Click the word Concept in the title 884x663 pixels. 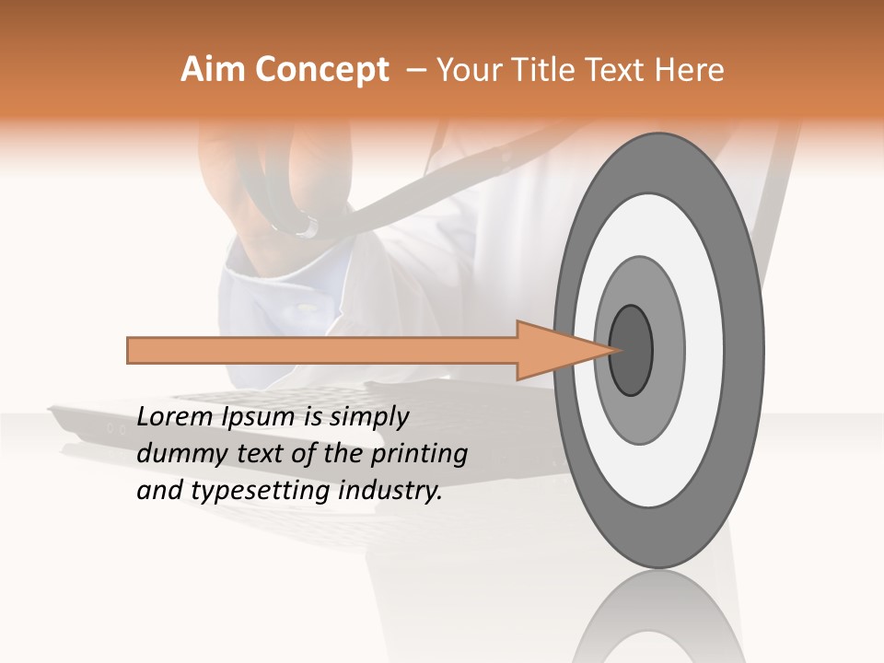322,71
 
